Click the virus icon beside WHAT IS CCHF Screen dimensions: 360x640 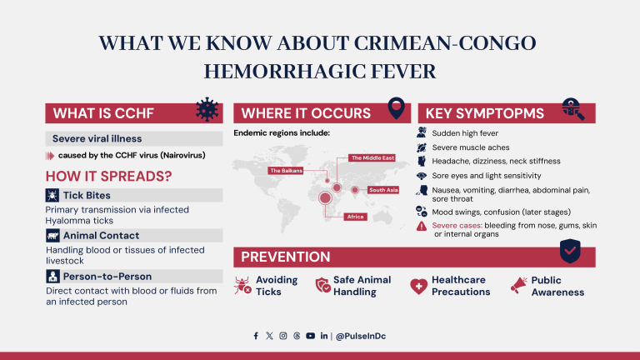tap(208, 110)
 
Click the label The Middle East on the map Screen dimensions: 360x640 tap(367, 157)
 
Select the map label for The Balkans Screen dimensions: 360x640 tap(285, 170)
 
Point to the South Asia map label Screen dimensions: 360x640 tap(384, 190)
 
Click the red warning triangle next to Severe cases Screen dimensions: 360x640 tap(422, 226)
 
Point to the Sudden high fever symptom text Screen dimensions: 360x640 tap(464, 132)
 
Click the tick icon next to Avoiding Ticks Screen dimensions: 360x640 tap(243, 286)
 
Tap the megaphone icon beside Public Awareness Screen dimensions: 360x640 tap(518, 286)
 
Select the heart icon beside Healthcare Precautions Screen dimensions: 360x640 tap(418, 286)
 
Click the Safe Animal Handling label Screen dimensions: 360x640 tap(354, 286)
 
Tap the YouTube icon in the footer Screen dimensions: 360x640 tap(310, 336)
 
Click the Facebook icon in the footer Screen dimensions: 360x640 tap(256, 336)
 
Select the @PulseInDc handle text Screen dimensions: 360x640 tap(361, 336)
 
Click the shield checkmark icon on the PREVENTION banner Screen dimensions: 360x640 tap(570, 249)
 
